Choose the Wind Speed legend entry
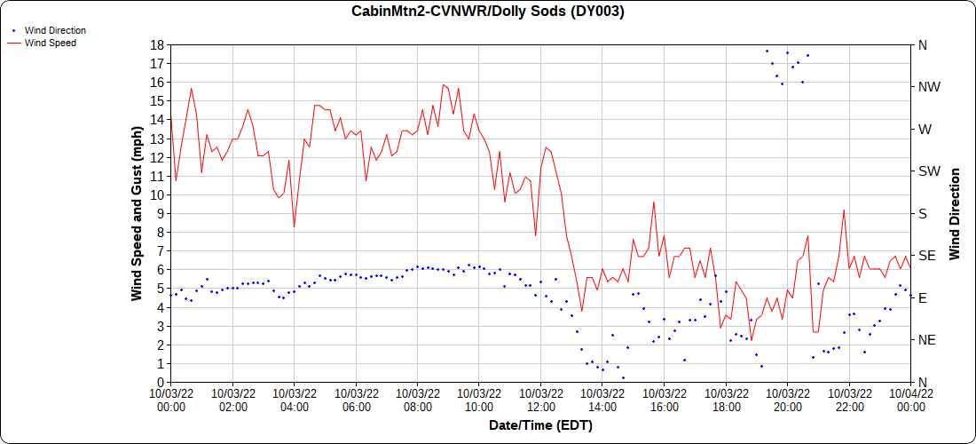tap(50, 42)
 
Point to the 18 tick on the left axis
tap(156, 44)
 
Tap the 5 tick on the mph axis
tap(159, 289)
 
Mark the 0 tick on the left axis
tap(159, 383)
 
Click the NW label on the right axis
tap(928, 87)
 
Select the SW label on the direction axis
tap(928, 171)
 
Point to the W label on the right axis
tap(925, 129)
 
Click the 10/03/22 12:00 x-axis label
tap(540, 399)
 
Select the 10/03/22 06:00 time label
tap(356, 399)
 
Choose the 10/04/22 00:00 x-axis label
tap(910, 399)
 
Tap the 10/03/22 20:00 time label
tap(787, 399)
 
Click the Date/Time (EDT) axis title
tap(540, 425)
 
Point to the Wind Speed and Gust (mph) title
tap(138, 213)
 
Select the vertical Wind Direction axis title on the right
tap(956, 213)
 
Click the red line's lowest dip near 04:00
tap(295, 226)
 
